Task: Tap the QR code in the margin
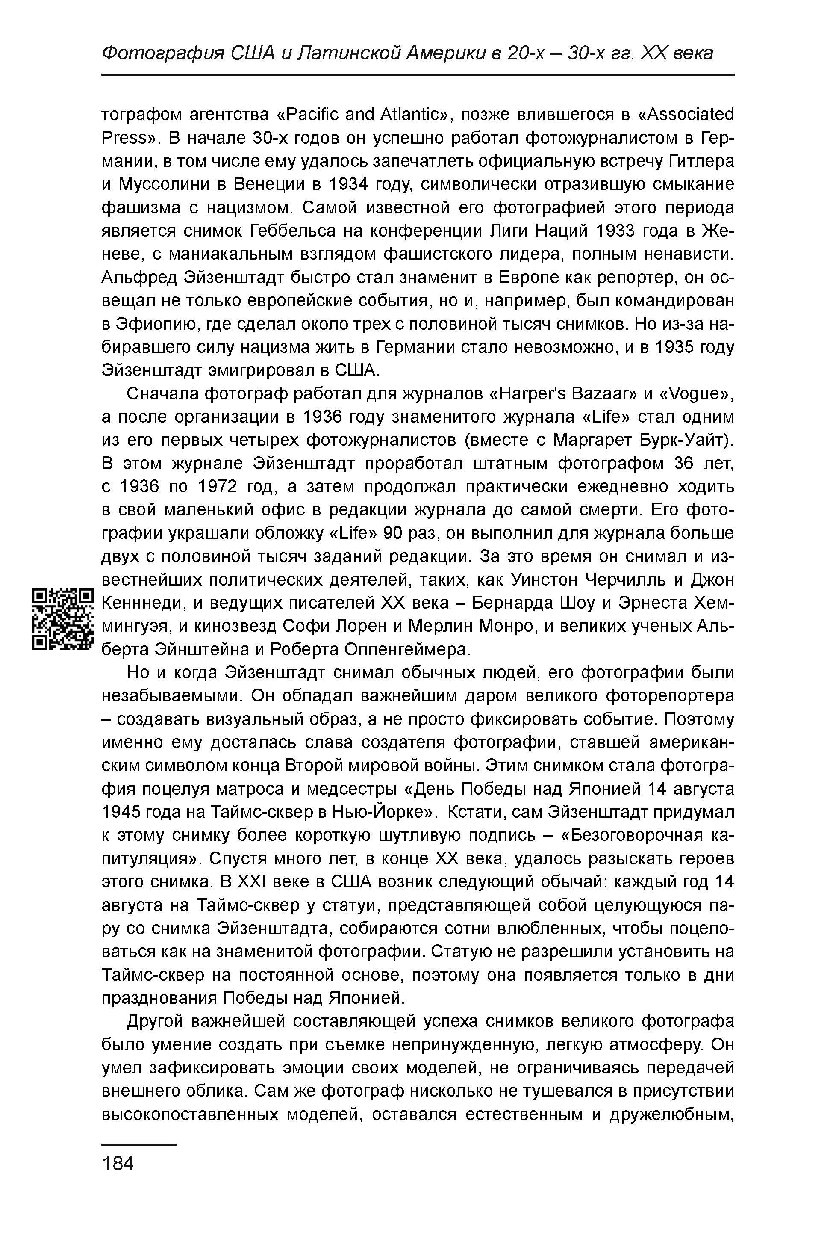coord(63,619)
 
